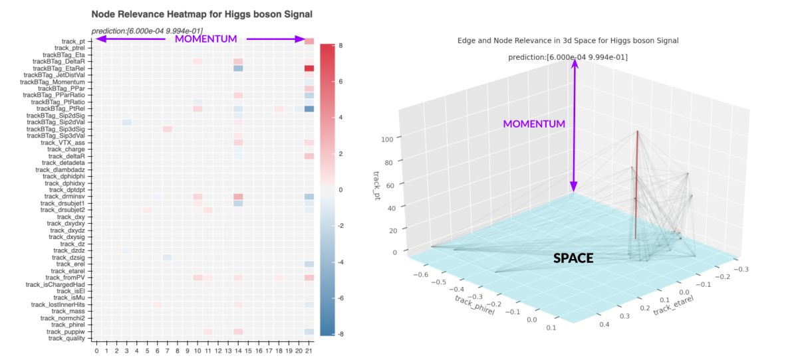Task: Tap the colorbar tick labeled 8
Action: pyautogui.click(x=340, y=46)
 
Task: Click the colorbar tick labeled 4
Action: pyautogui.click(x=340, y=118)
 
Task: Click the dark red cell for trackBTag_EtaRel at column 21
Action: pyautogui.click(x=309, y=68)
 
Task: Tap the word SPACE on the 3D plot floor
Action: pyautogui.click(x=573, y=258)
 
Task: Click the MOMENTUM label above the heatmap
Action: pyautogui.click(x=205, y=39)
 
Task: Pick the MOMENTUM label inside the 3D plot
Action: pyautogui.click(x=534, y=124)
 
